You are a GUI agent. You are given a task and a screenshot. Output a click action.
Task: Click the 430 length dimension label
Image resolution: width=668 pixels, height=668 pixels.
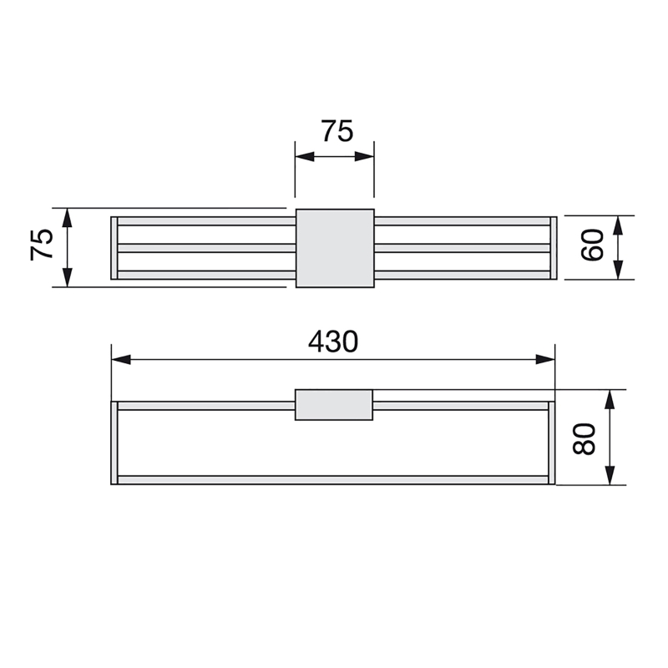click(x=333, y=342)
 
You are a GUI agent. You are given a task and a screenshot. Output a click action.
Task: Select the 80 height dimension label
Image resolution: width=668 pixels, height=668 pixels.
click(x=584, y=439)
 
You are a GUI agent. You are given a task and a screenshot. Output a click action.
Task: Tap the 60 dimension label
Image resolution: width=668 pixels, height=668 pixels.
click(x=592, y=245)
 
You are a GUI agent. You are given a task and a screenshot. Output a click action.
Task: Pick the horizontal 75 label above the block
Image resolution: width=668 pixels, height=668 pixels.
click(x=337, y=131)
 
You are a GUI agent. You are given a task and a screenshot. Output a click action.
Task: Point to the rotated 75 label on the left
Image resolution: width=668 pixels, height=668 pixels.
click(x=42, y=245)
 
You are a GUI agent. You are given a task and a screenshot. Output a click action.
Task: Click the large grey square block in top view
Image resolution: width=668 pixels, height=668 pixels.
click(x=335, y=248)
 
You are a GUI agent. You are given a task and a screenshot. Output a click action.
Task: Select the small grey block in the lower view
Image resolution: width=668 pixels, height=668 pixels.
click(x=334, y=405)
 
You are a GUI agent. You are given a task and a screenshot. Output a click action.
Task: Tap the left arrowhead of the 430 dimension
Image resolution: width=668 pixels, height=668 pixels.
click(x=121, y=359)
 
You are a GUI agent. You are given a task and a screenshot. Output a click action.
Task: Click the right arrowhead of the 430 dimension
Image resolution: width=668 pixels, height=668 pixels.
click(x=545, y=359)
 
